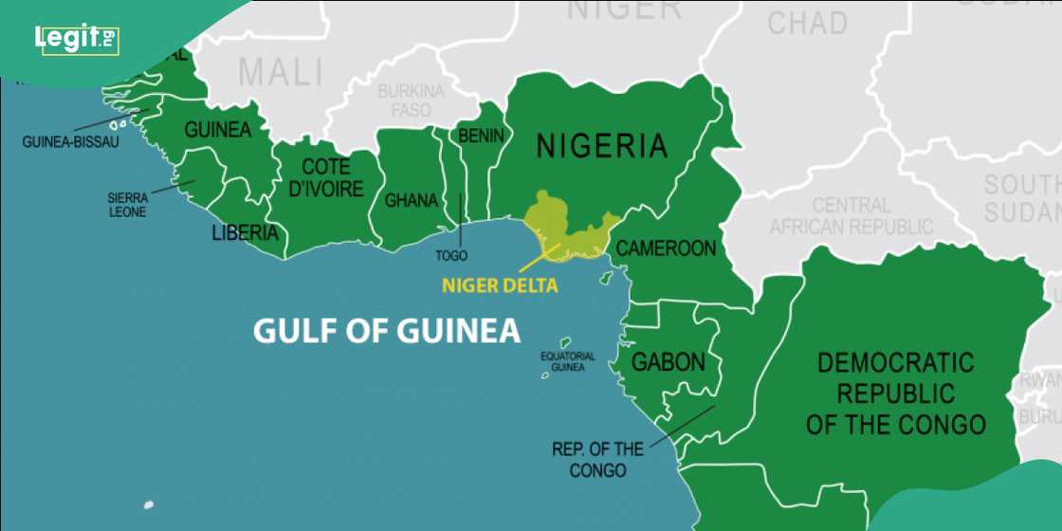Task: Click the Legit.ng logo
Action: (77, 39)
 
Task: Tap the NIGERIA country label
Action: (602, 146)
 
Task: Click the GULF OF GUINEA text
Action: (387, 331)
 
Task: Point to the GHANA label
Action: (411, 201)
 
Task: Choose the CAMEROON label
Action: (666, 248)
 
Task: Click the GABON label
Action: (668, 362)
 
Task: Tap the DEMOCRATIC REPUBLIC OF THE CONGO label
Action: (895, 393)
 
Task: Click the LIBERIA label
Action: (245, 232)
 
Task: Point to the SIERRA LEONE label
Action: (127, 206)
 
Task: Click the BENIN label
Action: (481, 137)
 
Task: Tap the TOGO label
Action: (451, 256)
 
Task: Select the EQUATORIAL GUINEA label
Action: (568, 361)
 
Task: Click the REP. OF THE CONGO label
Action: (597, 459)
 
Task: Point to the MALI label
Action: (280, 72)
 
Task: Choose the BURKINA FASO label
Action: (411, 101)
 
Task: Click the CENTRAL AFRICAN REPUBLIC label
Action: (851, 216)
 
